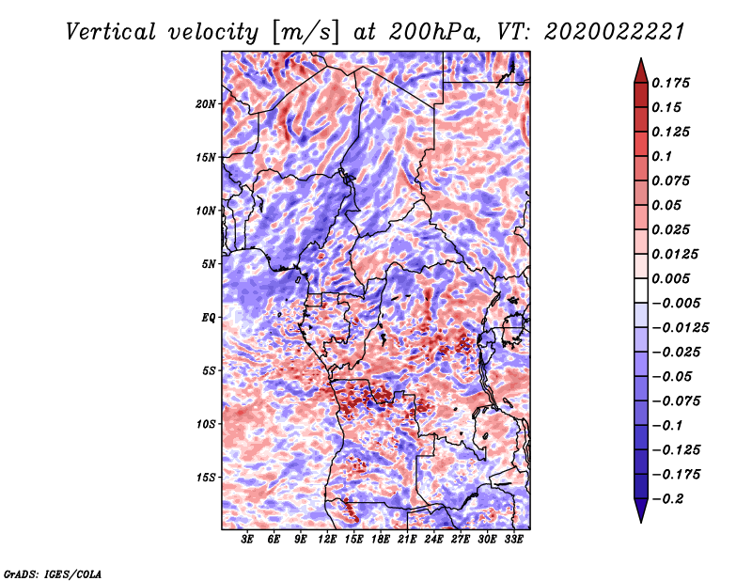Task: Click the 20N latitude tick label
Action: pyautogui.click(x=207, y=103)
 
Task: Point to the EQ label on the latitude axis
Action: pyautogui.click(x=209, y=317)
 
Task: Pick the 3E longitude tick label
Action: pyautogui.click(x=248, y=540)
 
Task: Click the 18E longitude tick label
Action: pyautogui.click(x=382, y=540)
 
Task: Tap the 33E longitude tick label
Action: pyautogui.click(x=514, y=540)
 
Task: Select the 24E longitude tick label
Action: pyautogui.click(x=434, y=540)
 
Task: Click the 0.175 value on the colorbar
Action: pyautogui.click(x=672, y=83)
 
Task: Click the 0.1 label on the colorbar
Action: pyautogui.click(x=663, y=156)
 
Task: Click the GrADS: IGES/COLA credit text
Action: pyautogui.click(x=53, y=573)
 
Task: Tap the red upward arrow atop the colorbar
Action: pyautogui.click(x=639, y=68)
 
